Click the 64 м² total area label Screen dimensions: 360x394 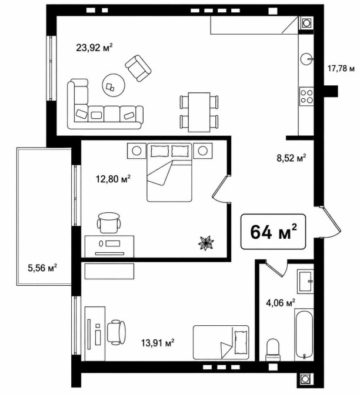(x=274, y=232)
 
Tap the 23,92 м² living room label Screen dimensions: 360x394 (x=94, y=48)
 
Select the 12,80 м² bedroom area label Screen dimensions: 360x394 (x=113, y=179)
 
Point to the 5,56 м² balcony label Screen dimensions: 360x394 (x=42, y=268)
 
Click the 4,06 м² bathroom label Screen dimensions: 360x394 (x=281, y=303)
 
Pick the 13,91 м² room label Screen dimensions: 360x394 (x=158, y=343)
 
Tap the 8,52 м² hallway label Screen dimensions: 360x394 (x=291, y=158)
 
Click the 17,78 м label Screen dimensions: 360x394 (x=341, y=68)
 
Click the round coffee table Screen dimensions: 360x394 (x=114, y=85)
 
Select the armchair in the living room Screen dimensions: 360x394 (x=138, y=68)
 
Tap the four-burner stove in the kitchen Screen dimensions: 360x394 (x=306, y=96)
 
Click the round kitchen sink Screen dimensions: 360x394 (x=306, y=59)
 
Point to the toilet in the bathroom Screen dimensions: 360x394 (x=272, y=350)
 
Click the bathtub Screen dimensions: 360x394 (x=304, y=334)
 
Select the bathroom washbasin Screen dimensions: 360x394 (x=305, y=282)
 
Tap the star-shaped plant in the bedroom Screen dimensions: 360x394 (x=206, y=243)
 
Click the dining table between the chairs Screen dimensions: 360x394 (x=199, y=112)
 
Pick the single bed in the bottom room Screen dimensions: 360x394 (x=221, y=342)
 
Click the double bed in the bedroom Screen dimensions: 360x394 (x=169, y=172)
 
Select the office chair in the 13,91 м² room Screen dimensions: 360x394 (x=116, y=332)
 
